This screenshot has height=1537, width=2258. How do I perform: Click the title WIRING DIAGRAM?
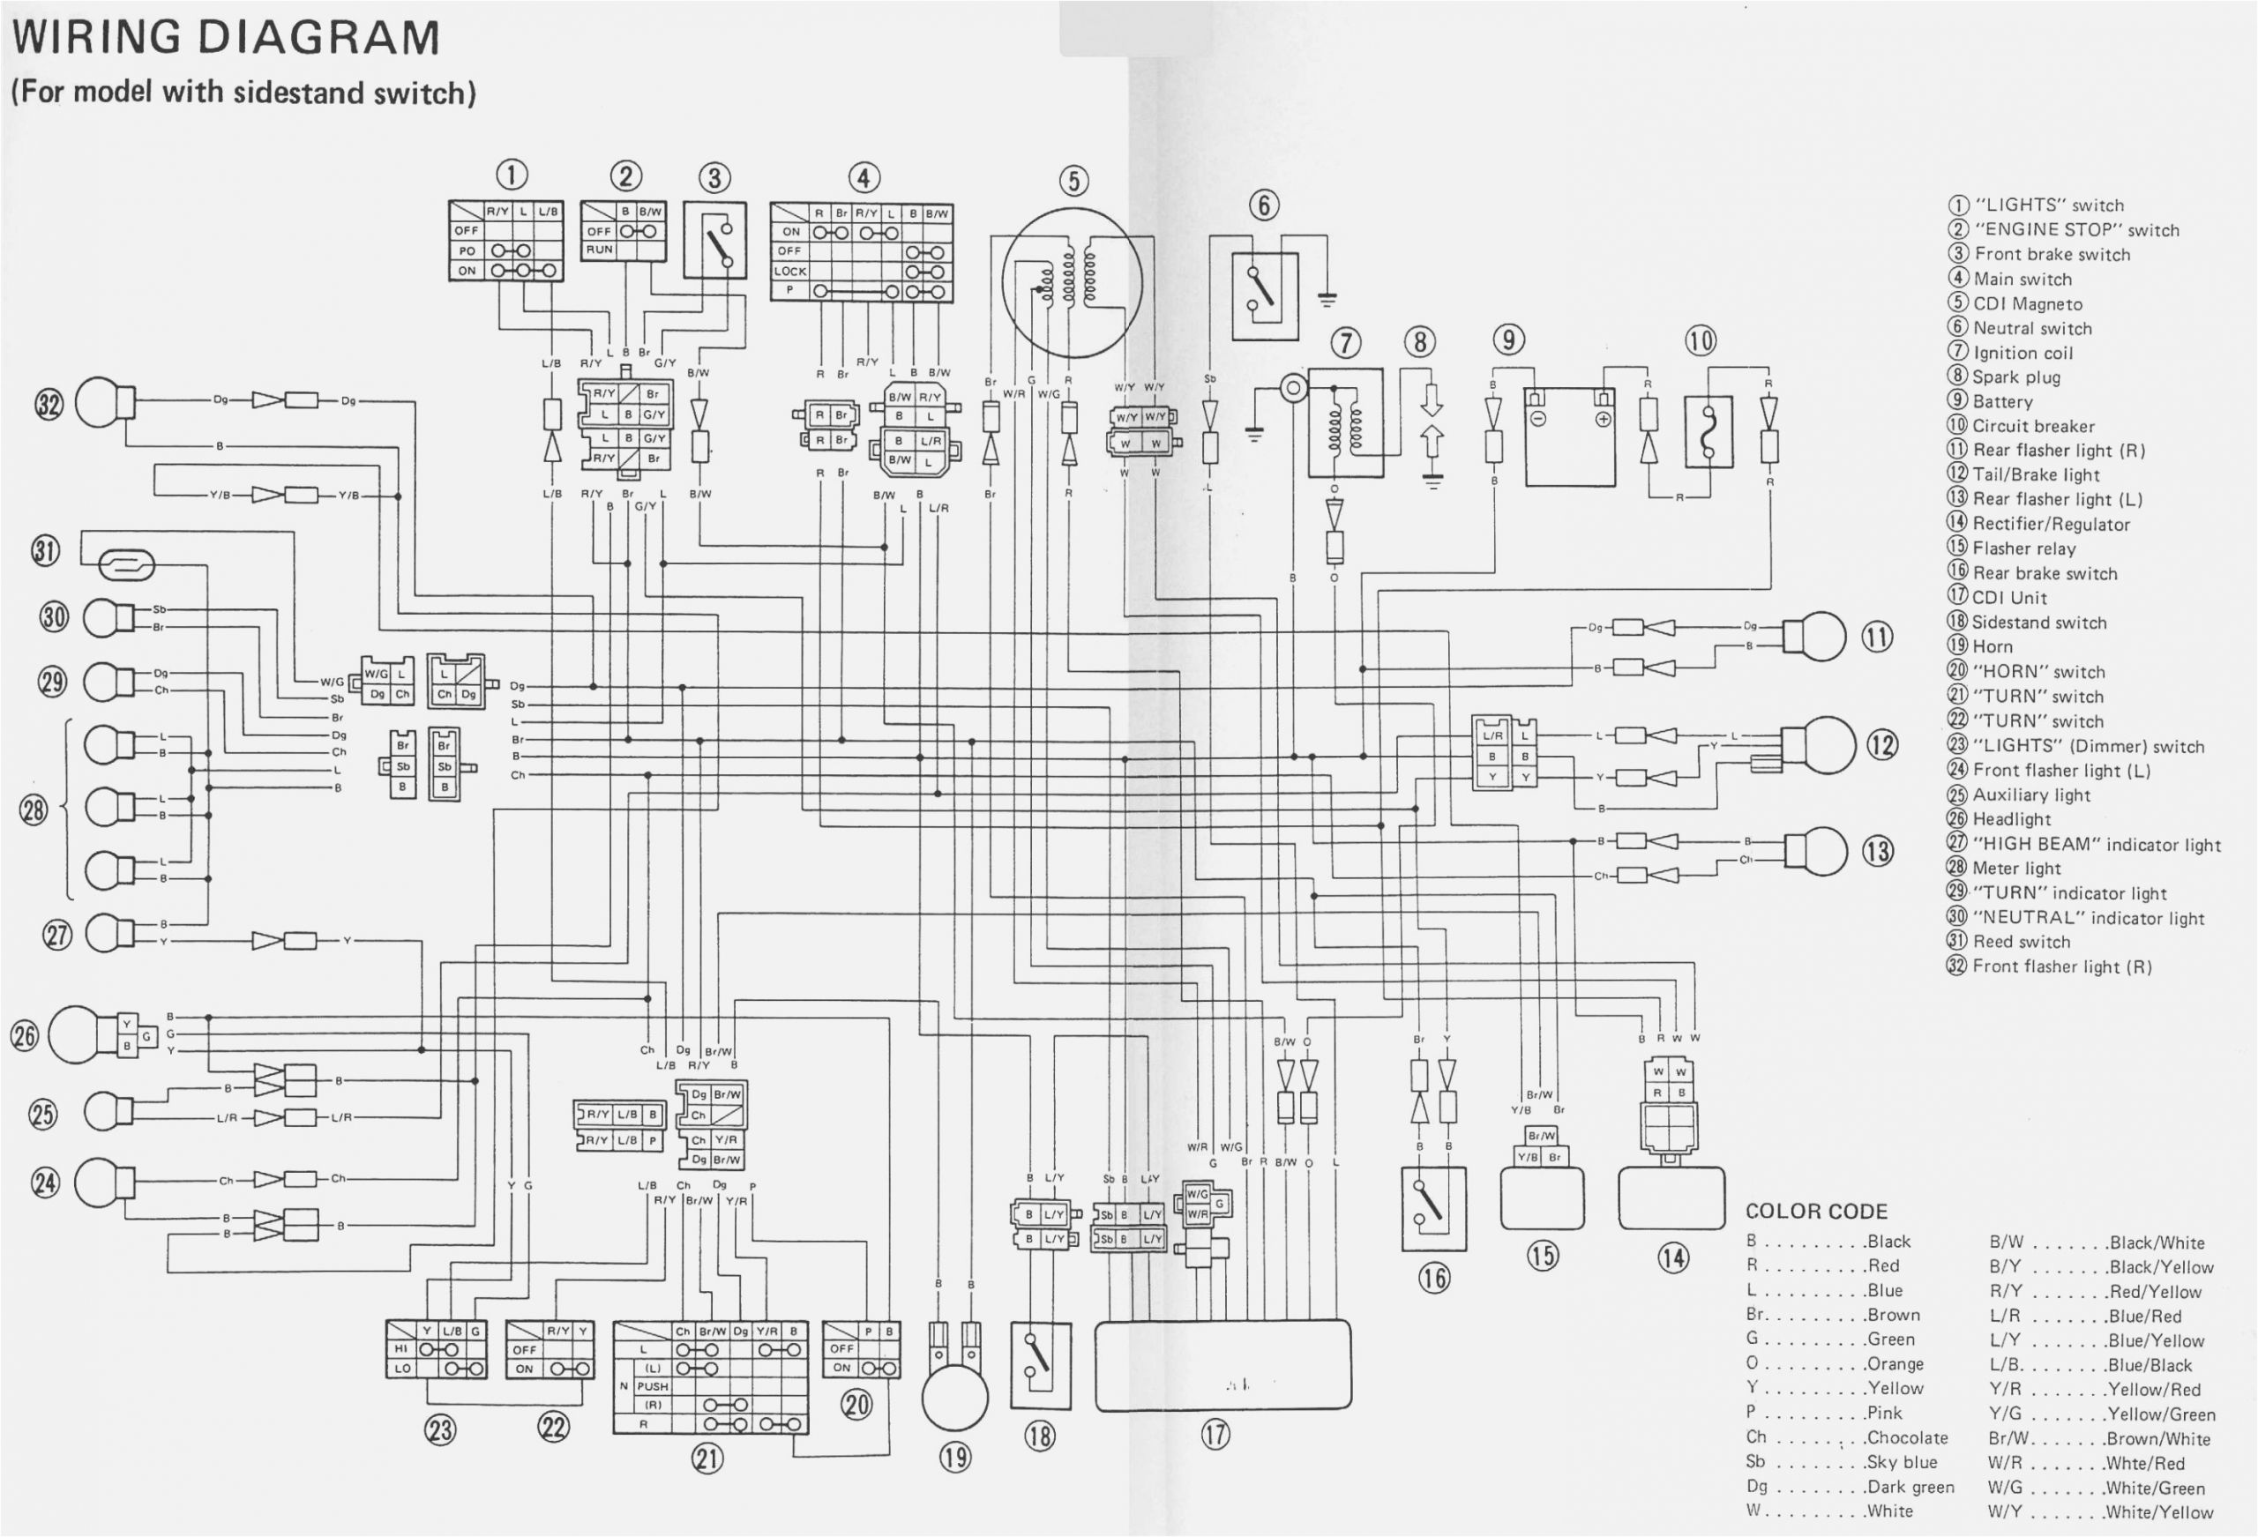point(226,39)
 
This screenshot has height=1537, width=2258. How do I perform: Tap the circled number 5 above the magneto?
point(1073,181)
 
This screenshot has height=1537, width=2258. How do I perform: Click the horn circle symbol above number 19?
point(954,1397)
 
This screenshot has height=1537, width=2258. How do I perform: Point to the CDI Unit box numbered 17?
point(1222,1365)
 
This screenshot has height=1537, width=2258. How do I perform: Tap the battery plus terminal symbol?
point(1604,420)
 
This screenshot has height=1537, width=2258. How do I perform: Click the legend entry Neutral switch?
point(2031,328)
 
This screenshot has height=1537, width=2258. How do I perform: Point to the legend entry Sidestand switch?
point(2038,623)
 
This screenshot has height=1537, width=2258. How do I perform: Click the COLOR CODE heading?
point(1816,1212)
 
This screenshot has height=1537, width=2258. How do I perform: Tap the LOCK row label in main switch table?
point(790,271)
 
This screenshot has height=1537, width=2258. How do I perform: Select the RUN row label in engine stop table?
point(599,250)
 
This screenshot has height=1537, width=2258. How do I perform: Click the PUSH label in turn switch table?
point(652,1386)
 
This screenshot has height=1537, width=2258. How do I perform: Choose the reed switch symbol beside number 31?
point(126,564)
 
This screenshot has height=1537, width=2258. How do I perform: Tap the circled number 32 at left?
point(49,403)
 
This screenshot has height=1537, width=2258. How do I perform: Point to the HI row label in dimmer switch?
point(400,1348)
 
